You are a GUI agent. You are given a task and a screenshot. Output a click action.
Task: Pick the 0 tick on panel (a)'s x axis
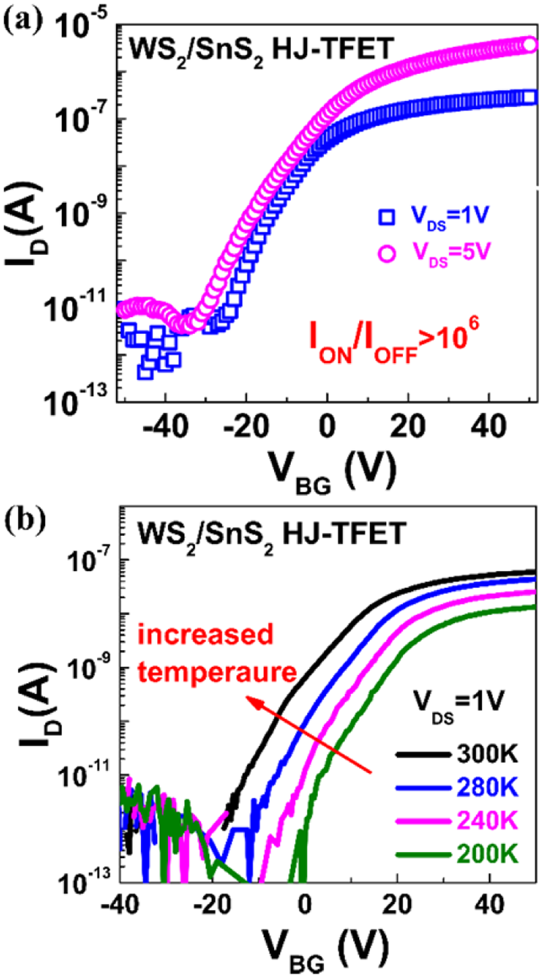[327, 426]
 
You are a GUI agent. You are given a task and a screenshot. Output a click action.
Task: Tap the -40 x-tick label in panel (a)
[165, 426]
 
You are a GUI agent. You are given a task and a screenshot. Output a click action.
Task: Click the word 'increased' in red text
[205, 634]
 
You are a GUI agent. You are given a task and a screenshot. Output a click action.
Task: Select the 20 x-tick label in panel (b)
[397, 904]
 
